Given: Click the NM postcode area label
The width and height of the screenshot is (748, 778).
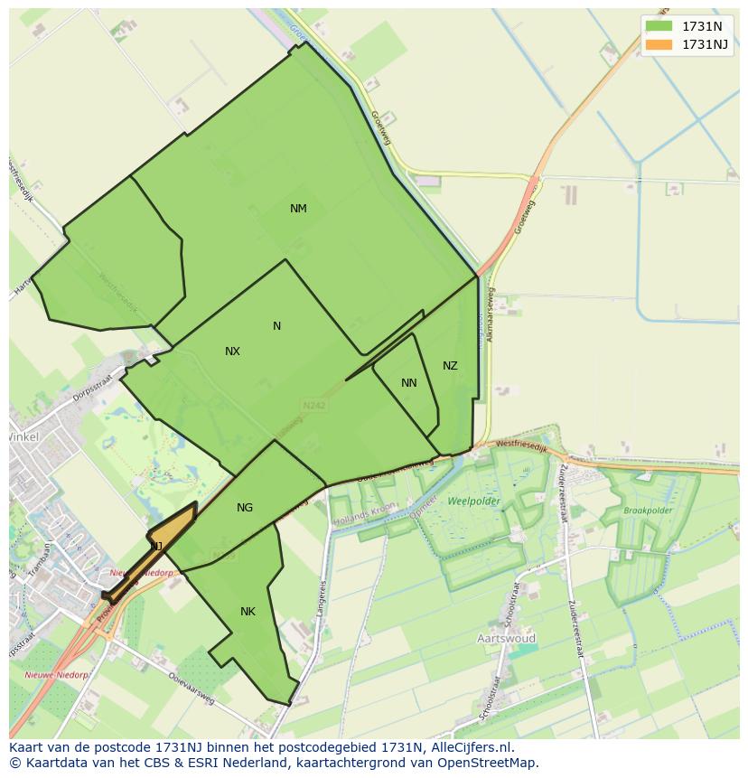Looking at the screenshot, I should coord(298,209).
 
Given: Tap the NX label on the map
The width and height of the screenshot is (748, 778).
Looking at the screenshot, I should coord(232,352).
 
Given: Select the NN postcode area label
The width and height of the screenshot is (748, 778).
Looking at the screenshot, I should coord(409,383).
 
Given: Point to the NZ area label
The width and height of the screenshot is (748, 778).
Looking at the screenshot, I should coord(450,366).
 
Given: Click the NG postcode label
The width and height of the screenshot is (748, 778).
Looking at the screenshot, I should coord(245,508).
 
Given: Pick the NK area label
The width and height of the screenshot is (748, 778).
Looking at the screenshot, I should coord(248,612).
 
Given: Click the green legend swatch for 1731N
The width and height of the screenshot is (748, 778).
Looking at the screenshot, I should coord(659,26).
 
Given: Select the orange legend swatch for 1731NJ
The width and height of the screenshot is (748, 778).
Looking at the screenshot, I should coord(659,44).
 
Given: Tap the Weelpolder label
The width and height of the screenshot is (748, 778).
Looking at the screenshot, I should coord(473,501).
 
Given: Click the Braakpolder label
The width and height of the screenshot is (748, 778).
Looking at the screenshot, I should coord(648,510).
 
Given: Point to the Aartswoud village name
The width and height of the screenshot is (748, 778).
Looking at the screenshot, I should coord(506,638).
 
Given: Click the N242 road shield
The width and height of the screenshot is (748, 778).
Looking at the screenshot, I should coord(314,406).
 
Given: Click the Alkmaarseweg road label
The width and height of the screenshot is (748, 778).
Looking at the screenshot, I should coord(491,316).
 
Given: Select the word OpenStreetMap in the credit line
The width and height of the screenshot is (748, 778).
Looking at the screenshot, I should coord(488,763).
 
